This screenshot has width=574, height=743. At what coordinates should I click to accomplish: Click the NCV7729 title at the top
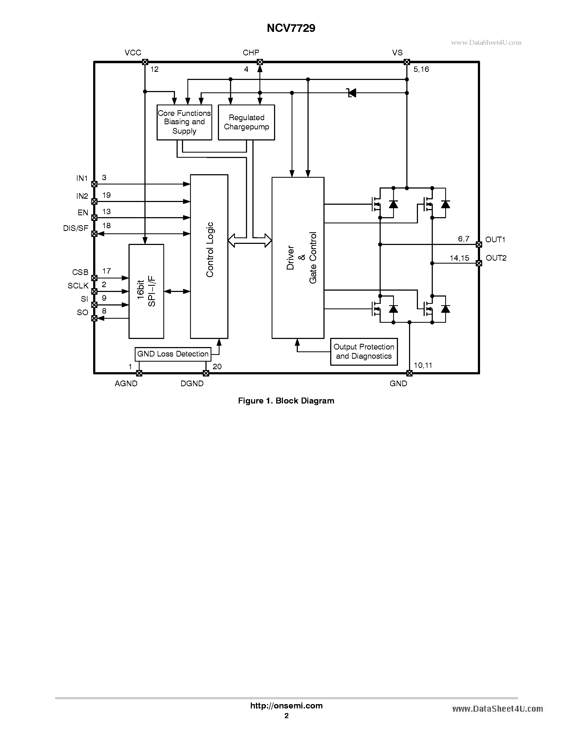tap(291, 28)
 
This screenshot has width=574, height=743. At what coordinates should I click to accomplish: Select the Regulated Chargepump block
tap(246, 122)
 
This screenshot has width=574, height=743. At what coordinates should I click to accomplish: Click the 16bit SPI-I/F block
tap(146, 291)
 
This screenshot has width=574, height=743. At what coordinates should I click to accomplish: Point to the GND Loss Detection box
tap(173, 354)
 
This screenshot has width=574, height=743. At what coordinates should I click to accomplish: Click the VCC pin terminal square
tap(145, 62)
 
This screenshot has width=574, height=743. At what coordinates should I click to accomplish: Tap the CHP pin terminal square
tap(260, 62)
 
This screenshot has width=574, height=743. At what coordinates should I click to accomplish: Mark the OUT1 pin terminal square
tap(479, 244)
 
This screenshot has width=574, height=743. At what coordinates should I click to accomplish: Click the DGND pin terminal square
tap(206, 373)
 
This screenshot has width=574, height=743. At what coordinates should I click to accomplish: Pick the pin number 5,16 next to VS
tap(421, 69)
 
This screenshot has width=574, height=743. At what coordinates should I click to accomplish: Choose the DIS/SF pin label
tap(76, 228)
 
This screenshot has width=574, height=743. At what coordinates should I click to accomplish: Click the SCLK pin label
tap(78, 286)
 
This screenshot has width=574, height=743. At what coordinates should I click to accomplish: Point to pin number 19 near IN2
tap(106, 195)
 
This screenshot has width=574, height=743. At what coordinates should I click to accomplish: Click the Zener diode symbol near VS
tap(351, 93)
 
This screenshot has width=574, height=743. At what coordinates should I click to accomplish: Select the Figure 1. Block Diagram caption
tap(286, 401)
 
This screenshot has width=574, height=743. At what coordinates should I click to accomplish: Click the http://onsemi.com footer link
tap(286, 705)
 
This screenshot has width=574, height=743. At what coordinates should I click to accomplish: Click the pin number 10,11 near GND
tap(423, 365)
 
